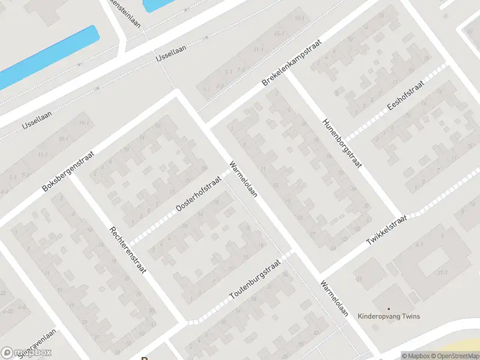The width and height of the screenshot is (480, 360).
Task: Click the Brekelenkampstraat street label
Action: point(292,63)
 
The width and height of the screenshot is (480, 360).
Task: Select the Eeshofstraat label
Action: point(406,96)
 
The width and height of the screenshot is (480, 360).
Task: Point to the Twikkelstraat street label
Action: point(386,230)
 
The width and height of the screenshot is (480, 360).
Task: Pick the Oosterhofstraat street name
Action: point(199,193)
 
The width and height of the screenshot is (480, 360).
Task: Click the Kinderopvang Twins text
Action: point(388,316)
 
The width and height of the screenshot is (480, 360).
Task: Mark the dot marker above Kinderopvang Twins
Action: point(388,309)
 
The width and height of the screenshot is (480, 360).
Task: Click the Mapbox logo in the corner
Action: point(26,353)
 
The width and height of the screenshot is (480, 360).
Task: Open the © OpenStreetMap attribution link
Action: point(454,356)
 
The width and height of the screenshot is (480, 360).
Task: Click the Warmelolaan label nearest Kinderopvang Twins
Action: point(334,298)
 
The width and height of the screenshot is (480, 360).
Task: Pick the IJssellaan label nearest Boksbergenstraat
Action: point(38,122)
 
